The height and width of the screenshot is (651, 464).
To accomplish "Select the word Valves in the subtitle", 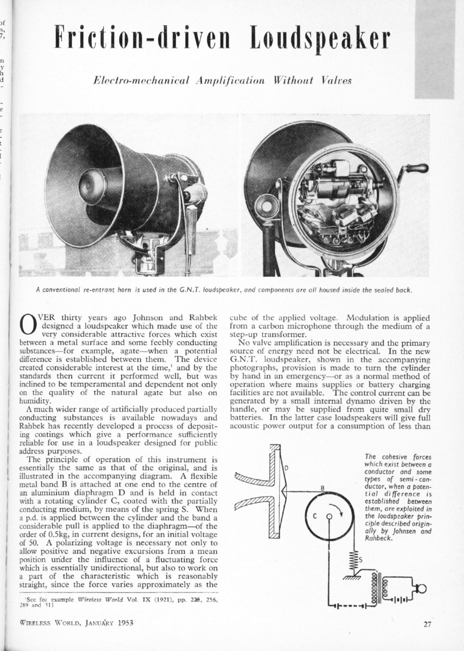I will [x=337, y=80].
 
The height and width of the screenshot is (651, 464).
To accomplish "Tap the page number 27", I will [x=427, y=624].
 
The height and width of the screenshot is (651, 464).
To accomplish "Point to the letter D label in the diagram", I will [x=286, y=468].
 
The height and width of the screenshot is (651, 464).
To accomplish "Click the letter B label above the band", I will [x=322, y=488].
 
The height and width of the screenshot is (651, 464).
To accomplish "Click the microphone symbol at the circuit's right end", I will [x=420, y=588].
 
